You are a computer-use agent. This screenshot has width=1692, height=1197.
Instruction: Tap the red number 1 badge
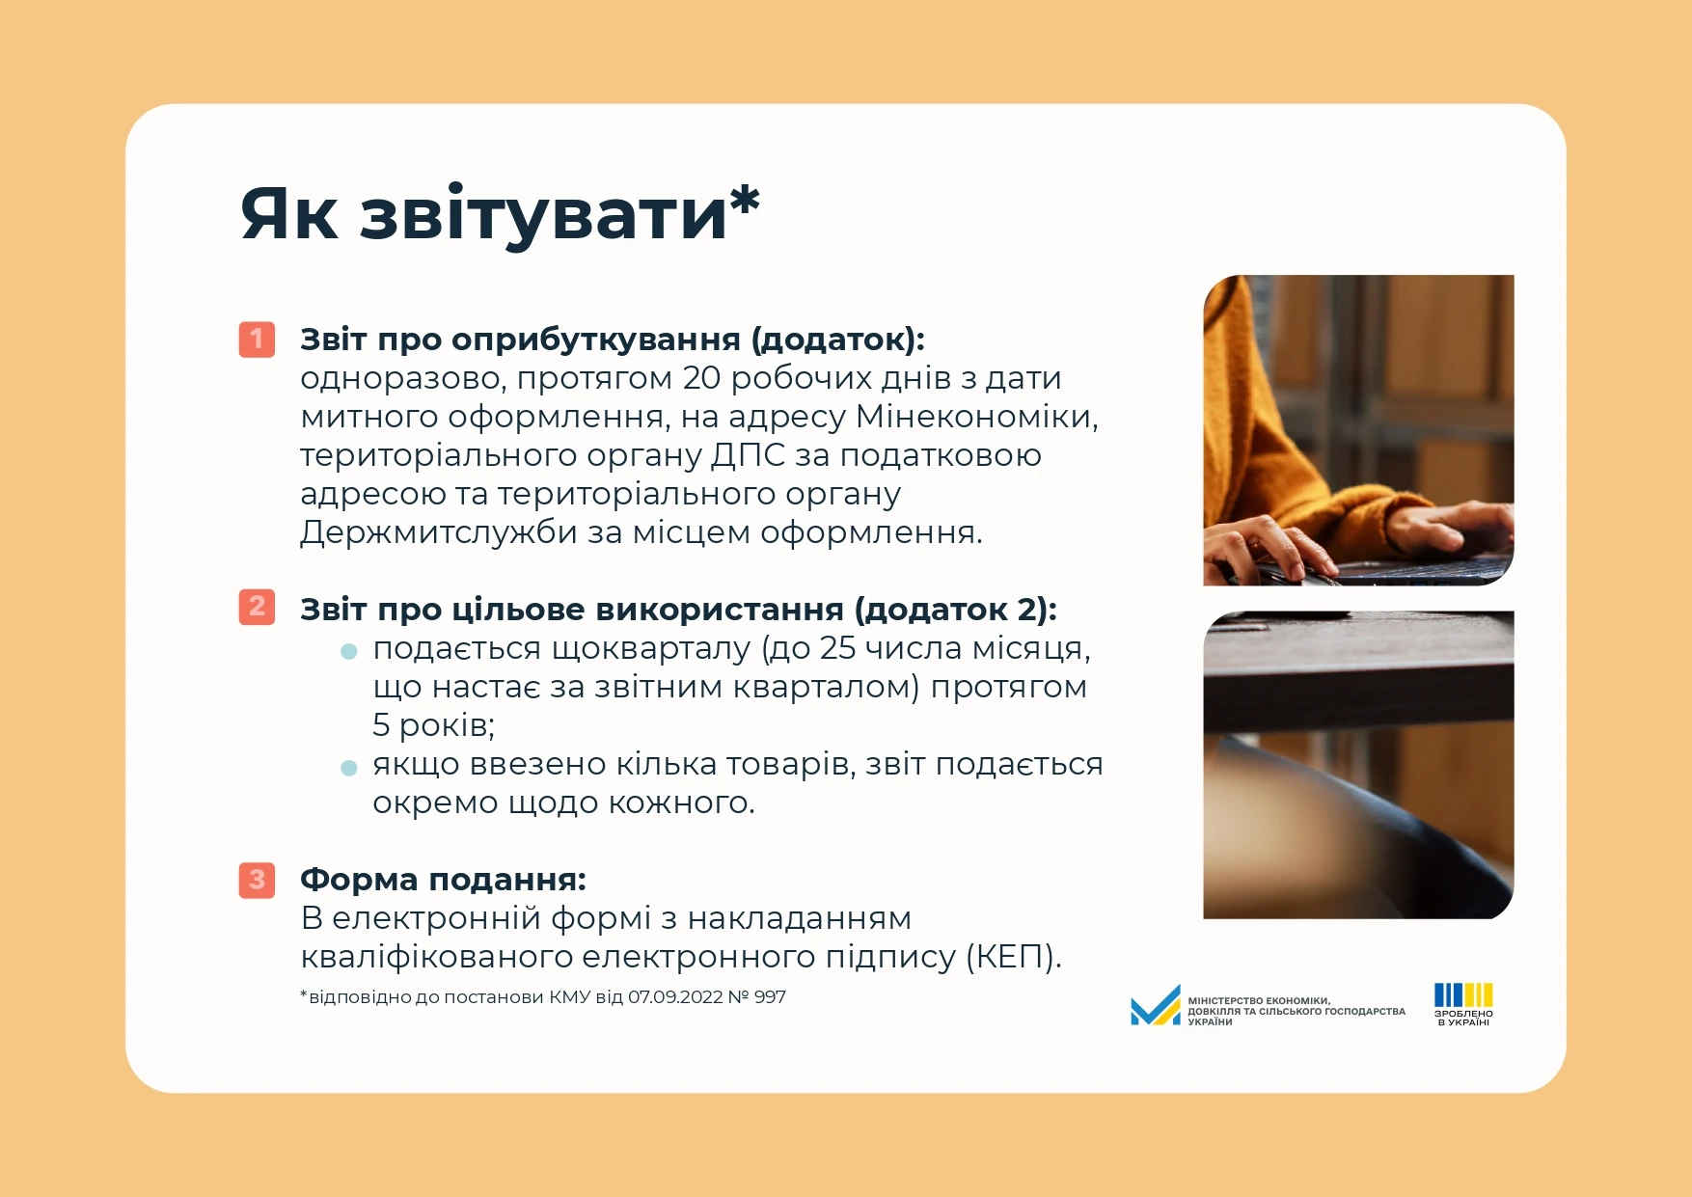click(x=257, y=340)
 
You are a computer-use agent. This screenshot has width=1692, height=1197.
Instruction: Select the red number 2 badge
click(x=257, y=607)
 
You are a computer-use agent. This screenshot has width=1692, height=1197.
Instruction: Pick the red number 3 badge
click(x=257, y=880)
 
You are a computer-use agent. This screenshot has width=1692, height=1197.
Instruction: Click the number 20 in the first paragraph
click(x=701, y=378)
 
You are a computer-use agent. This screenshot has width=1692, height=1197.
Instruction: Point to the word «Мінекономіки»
click(x=976, y=417)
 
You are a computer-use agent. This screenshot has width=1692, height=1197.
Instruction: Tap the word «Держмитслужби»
click(x=439, y=532)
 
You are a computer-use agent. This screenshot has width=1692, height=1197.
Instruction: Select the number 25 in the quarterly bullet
click(x=837, y=648)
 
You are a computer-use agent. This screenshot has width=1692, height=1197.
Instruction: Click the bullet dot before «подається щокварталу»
click(x=349, y=652)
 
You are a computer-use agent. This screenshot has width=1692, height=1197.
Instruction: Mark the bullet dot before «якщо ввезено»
click(x=349, y=768)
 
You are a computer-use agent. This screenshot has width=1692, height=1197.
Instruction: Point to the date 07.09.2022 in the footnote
click(x=675, y=997)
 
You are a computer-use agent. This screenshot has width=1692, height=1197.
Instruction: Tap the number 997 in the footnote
click(x=771, y=997)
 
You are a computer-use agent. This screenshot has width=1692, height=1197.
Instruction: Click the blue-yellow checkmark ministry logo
click(x=1156, y=1005)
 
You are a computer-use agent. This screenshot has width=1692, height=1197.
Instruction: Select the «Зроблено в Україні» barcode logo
click(x=1463, y=1004)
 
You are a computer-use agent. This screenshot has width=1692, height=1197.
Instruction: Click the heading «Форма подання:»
click(x=443, y=880)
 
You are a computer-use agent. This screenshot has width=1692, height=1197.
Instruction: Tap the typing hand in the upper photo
click(x=1264, y=545)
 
